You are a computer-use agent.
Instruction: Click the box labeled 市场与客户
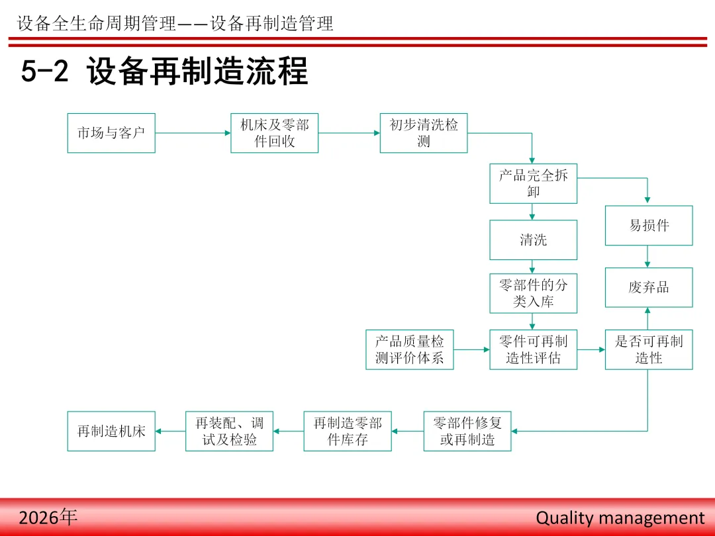[x=111, y=133]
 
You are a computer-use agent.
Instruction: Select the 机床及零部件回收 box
[x=274, y=133]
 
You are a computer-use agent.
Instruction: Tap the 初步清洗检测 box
[x=424, y=133]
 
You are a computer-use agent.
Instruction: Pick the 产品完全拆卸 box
[x=533, y=183]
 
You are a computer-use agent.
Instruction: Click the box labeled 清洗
[x=533, y=240]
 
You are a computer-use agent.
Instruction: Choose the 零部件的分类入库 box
[x=533, y=293]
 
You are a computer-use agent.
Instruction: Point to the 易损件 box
[x=649, y=226]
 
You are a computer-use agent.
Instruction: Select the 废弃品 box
[x=649, y=287]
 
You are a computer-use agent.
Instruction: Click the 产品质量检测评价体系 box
[x=410, y=349]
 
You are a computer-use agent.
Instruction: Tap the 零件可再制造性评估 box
[x=533, y=349]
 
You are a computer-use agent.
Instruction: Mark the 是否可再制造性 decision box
[x=649, y=349]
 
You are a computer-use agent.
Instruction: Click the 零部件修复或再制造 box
[x=467, y=431]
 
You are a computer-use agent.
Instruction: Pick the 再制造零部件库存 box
[x=348, y=431]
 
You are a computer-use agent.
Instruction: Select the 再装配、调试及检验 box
[x=229, y=431]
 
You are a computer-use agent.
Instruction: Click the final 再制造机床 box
[x=111, y=431]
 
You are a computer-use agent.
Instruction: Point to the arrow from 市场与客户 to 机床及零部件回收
[x=193, y=133]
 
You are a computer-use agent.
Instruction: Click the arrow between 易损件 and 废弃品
[x=648, y=257]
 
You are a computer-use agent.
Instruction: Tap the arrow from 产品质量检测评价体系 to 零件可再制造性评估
[x=471, y=349]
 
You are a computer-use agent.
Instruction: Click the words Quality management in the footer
[x=620, y=517]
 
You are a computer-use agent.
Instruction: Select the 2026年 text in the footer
[x=48, y=517]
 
